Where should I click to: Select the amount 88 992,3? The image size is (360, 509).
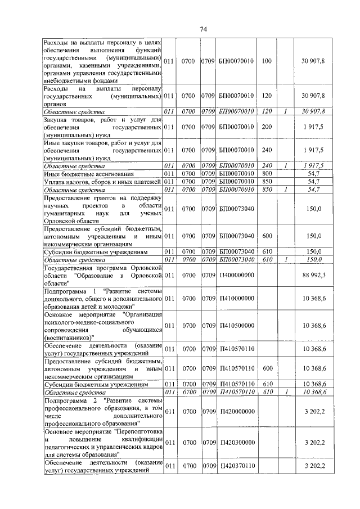click(314, 275)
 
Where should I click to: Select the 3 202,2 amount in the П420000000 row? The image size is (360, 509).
click(314, 412)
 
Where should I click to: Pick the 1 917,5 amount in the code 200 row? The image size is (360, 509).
click(314, 128)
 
